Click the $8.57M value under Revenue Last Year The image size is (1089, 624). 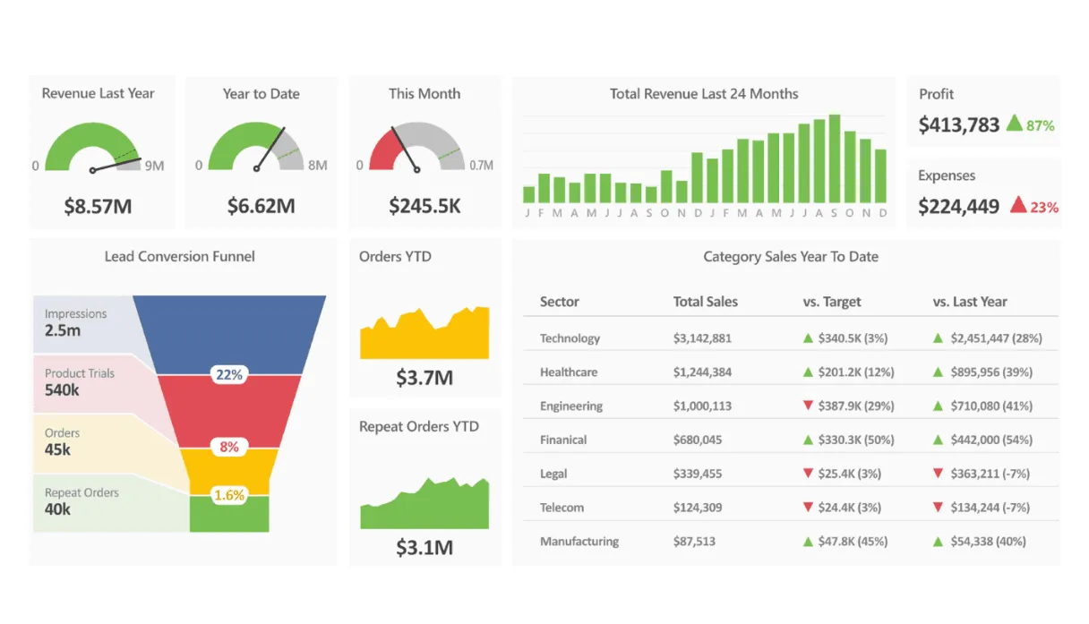pyautogui.click(x=98, y=207)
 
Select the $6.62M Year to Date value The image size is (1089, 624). pyautogui.click(x=261, y=207)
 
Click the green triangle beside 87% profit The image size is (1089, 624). pyautogui.click(x=1014, y=124)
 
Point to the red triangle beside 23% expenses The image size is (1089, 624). pyautogui.click(x=1017, y=205)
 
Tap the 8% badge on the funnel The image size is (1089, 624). pyautogui.click(x=229, y=446)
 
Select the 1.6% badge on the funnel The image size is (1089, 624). pyautogui.click(x=229, y=495)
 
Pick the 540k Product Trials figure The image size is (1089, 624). pyautogui.click(x=62, y=390)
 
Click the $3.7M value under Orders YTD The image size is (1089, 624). pyautogui.click(x=424, y=378)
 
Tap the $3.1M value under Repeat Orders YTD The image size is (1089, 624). pyautogui.click(x=424, y=548)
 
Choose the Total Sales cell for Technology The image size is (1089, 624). pyautogui.click(x=702, y=338)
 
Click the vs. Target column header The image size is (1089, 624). pyautogui.click(x=832, y=302)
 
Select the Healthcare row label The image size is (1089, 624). pyautogui.click(x=569, y=372)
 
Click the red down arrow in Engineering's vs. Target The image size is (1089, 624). pyautogui.click(x=808, y=406)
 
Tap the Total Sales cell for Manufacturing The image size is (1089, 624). pyautogui.click(x=694, y=542)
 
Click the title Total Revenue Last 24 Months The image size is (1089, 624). pyautogui.click(x=704, y=94)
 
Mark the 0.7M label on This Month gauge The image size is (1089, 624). pyautogui.click(x=482, y=166)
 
